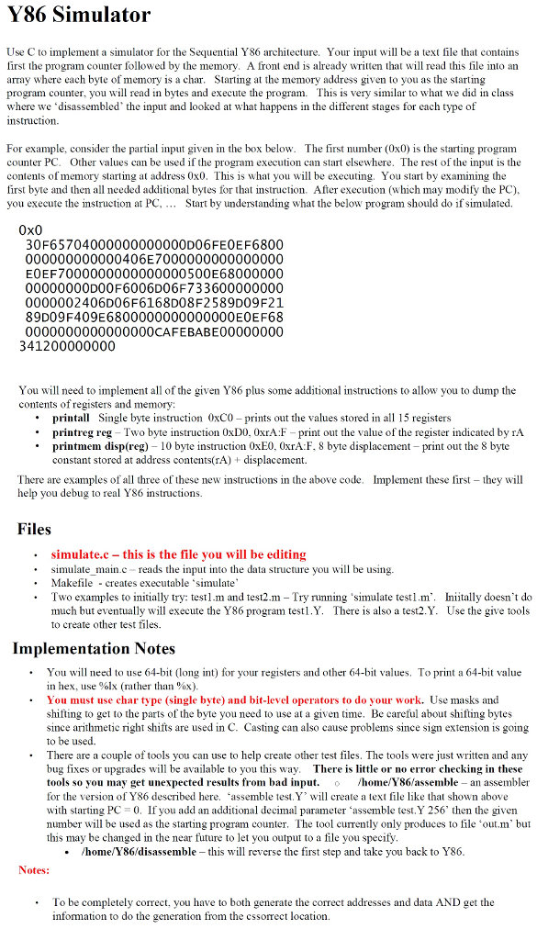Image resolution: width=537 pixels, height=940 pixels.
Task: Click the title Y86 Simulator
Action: (78, 16)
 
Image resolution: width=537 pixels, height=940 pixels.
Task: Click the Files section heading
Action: (35, 529)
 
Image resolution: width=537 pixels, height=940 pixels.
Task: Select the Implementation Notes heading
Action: (93, 649)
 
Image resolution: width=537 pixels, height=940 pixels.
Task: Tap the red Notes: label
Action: (34, 869)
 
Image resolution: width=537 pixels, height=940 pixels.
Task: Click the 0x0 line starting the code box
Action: (31, 229)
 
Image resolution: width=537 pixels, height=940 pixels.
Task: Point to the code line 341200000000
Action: (67, 346)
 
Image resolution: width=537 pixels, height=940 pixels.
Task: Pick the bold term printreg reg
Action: (84, 431)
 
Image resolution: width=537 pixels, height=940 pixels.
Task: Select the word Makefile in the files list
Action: (72, 583)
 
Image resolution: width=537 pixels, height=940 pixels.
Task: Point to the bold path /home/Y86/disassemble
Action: (138, 851)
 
